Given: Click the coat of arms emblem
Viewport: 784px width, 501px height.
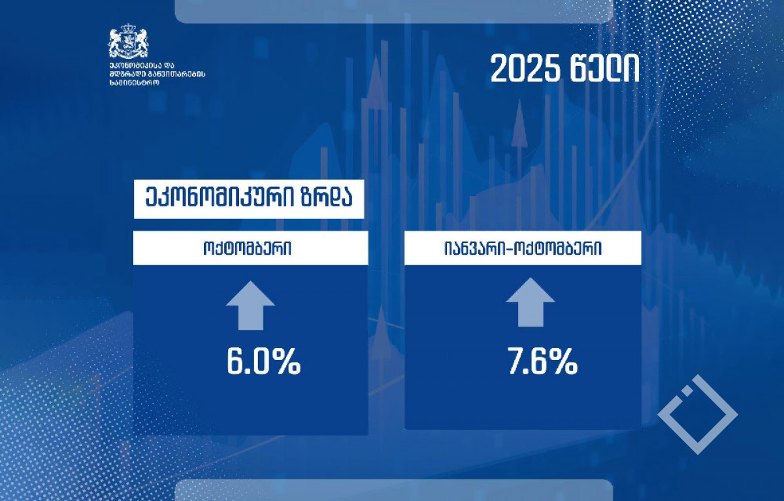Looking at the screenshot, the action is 128,41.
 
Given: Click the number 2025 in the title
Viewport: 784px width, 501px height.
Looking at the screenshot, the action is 525,69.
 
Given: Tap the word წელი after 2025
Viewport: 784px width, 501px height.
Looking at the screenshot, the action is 605,69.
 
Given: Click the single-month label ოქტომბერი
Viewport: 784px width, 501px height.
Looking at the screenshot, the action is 247,249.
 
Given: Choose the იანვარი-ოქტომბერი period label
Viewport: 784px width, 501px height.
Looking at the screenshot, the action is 523,248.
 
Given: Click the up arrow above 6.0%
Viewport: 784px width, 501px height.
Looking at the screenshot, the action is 250,306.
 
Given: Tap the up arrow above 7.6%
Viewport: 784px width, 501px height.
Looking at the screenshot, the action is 531,302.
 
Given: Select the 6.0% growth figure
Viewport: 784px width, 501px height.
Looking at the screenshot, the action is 263,362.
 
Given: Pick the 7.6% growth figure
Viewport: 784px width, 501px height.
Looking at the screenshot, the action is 542,361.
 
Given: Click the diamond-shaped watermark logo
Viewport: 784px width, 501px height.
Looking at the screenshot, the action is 698,415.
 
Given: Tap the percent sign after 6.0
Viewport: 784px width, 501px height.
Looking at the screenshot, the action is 286,362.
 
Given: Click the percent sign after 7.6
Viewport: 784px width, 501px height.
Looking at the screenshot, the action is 563,361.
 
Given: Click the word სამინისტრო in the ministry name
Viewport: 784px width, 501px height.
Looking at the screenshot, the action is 134,83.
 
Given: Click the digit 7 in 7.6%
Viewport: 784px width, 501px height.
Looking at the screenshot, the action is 516,361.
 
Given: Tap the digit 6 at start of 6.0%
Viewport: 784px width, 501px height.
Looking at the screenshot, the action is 237,362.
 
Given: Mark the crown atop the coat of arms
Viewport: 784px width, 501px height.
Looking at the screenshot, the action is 129,27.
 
